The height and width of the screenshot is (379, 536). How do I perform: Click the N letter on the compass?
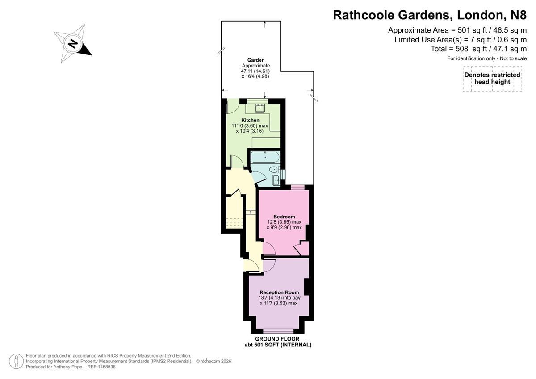point(73,44)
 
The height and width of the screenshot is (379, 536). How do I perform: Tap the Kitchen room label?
point(250,120)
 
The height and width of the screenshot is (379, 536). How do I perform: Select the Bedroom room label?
point(284,217)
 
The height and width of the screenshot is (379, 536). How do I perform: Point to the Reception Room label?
point(279,292)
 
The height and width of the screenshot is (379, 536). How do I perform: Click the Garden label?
point(256,60)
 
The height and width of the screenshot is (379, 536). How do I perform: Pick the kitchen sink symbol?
point(260,108)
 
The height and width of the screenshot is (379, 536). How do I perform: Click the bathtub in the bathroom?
point(264,157)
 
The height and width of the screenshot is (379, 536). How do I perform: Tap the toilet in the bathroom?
point(274,170)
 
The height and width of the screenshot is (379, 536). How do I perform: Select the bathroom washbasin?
point(276,180)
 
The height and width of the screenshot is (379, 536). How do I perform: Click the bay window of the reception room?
point(278,331)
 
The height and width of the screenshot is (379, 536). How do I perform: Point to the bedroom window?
point(297,187)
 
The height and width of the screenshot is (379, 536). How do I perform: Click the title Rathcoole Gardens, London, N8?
point(430,15)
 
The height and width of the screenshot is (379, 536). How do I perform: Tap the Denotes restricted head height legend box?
point(492,79)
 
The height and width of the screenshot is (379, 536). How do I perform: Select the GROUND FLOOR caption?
point(277,339)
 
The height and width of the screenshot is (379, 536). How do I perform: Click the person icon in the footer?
point(16,361)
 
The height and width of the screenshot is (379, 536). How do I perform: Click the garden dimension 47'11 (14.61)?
point(255,71)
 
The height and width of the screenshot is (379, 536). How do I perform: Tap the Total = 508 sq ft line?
point(478,49)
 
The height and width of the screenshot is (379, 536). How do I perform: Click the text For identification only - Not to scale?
point(487,58)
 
